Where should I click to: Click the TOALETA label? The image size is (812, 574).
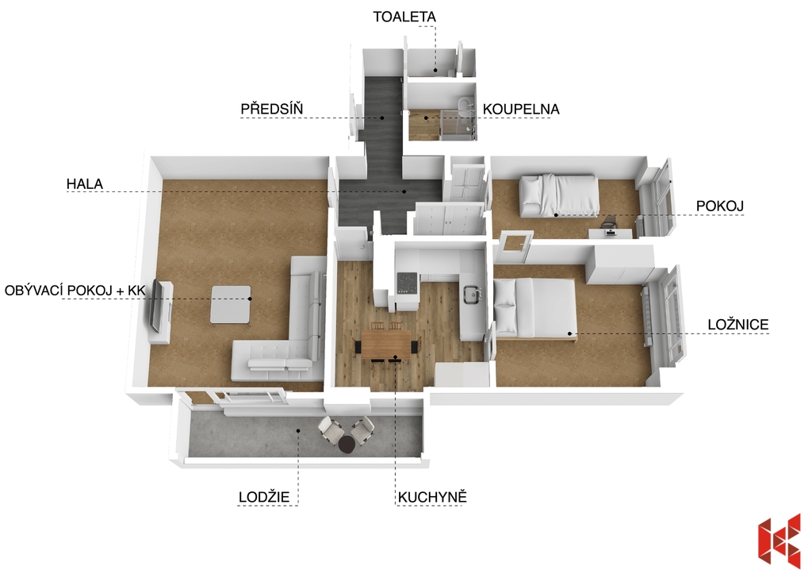click(x=404, y=17)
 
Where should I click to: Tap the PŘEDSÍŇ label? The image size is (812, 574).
click(x=272, y=109)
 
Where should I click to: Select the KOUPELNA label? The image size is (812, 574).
click(x=521, y=110)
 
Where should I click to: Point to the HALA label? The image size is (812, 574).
click(x=84, y=183)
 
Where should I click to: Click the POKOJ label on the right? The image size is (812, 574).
click(x=720, y=206)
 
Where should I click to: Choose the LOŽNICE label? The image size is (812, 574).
click(x=738, y=325)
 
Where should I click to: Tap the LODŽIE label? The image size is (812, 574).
click(x=263, y=497)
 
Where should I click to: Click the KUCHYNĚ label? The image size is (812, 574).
click(x=432, y=497)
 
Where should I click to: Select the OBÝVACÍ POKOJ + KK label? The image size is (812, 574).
click(x=75, y=291)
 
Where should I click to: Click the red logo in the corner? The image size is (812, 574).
click(x=779, y=539)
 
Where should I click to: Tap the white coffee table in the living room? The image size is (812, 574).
click(x=231, y=305)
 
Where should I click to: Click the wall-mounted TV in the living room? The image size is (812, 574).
click(x=155, y=307)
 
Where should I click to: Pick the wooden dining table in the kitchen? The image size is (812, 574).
click(x=387, y=345)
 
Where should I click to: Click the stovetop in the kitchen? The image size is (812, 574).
click(x=407, y=283)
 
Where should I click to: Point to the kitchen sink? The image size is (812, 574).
click(x=472, y=294)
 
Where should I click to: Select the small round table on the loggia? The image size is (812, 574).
click(x=347, y=444)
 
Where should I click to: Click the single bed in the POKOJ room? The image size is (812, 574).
click(x=559, y=195)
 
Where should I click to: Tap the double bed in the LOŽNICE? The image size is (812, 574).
click(x=535, y=309)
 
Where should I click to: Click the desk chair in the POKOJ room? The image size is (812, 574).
click(x=609, y=222)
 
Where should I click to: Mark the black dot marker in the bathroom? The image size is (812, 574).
click(x=427, y=117)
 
